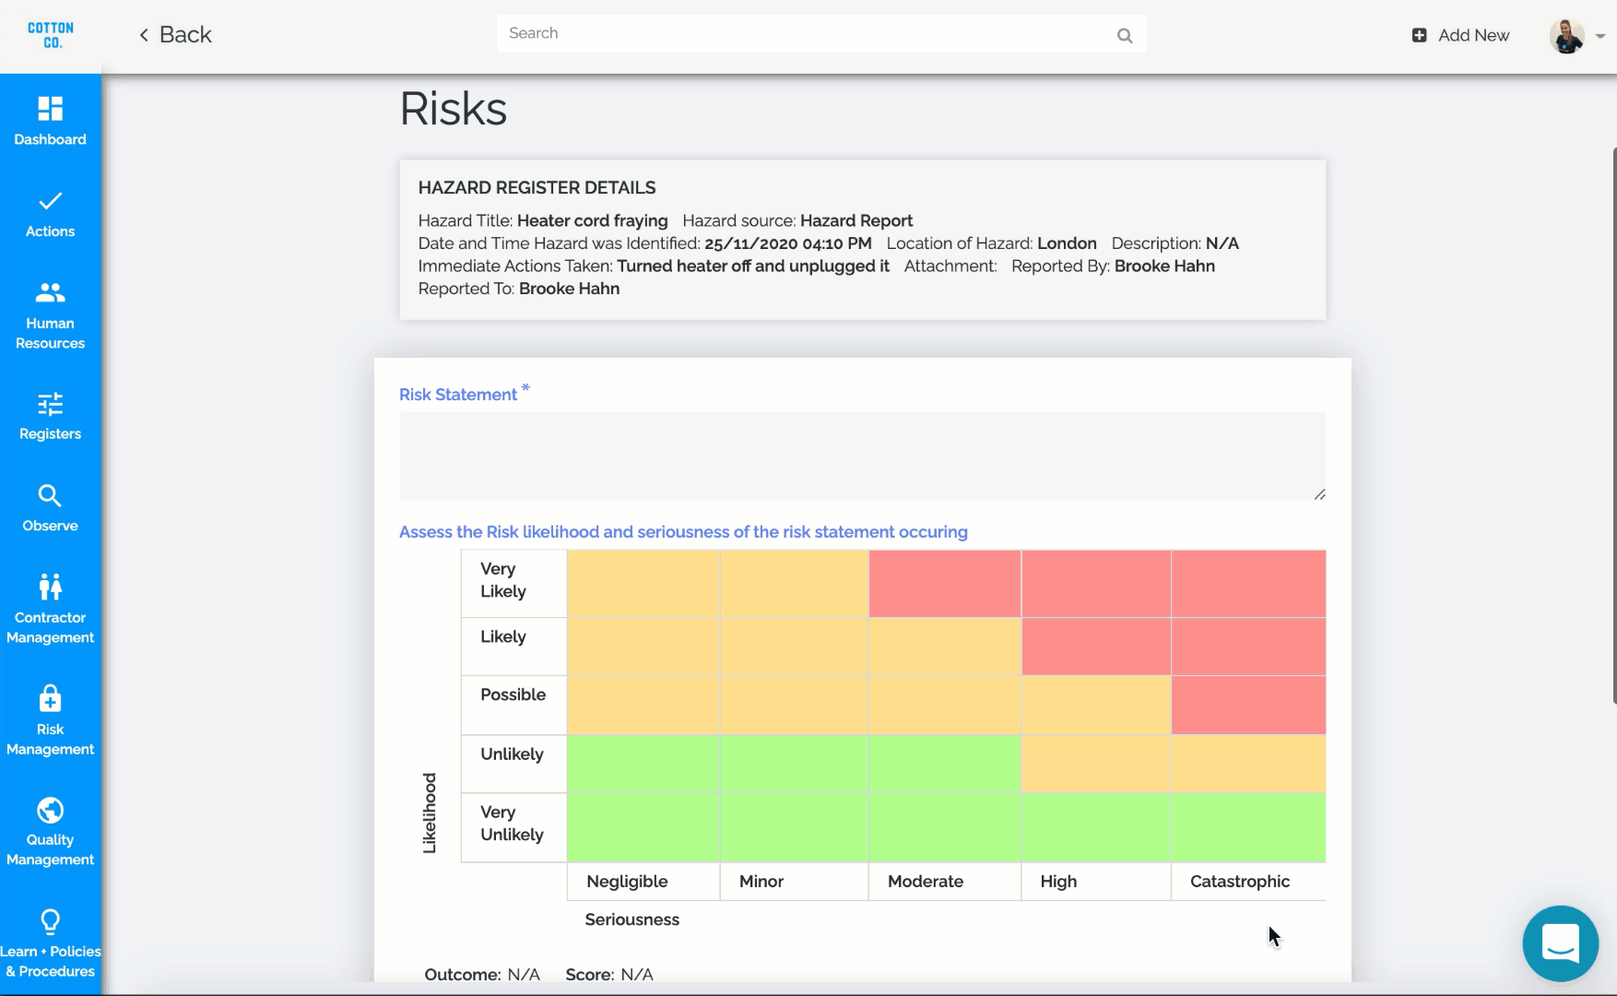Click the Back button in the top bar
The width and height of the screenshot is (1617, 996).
coord(175,35)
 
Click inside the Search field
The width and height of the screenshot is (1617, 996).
coord(802,34)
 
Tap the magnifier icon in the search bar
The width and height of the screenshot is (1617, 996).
coord(1124,35)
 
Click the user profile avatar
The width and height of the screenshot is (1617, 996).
coord(1566,36)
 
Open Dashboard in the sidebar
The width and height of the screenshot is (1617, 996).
coord(51,121)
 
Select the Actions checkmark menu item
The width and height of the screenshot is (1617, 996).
coord(51,213)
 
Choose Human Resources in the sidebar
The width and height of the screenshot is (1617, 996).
coord(51,314)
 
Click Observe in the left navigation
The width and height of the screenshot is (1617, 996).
coord(51,507)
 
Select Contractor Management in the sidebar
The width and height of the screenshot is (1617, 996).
coord(51,608)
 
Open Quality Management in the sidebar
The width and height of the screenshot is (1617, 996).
coord(51,830)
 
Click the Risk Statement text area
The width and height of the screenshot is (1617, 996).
coord(862,456)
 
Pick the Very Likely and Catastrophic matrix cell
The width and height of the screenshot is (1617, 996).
coord(1248,584)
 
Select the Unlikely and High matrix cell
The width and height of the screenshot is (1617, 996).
coord(1096,764)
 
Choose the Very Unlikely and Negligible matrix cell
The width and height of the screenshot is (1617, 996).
coord(643,827)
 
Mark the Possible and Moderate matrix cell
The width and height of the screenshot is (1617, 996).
coord(944,705)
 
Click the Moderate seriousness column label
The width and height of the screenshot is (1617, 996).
coord(926,882)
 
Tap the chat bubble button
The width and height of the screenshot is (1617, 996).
coord(1560,943)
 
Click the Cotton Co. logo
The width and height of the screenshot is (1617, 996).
coord(51,35)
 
